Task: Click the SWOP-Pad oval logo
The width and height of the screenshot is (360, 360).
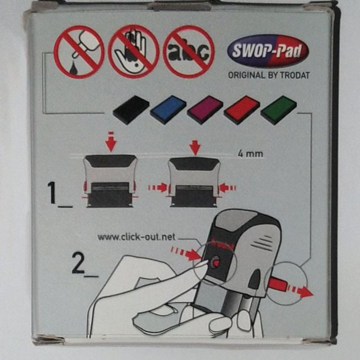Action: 268,51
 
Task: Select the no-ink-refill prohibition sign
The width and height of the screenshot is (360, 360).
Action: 79,52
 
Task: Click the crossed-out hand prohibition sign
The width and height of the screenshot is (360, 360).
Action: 133,52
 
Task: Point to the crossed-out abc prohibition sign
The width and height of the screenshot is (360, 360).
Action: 189,52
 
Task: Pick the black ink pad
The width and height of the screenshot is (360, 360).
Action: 131,110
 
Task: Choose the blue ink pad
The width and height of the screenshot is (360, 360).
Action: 168,110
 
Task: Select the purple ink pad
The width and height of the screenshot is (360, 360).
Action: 205,110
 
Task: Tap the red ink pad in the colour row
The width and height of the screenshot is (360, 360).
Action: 241,110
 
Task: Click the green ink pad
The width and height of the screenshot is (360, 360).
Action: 279,110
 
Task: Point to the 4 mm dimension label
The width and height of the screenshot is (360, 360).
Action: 250,153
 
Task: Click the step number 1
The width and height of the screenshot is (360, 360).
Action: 52,193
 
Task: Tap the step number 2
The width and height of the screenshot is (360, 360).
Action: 78,263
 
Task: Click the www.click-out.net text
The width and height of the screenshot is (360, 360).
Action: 137,236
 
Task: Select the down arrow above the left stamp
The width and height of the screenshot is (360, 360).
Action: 110,142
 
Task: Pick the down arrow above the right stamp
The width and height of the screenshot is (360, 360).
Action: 195,148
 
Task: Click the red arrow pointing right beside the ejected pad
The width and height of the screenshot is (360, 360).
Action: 300,291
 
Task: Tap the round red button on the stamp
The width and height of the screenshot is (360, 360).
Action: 215,262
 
